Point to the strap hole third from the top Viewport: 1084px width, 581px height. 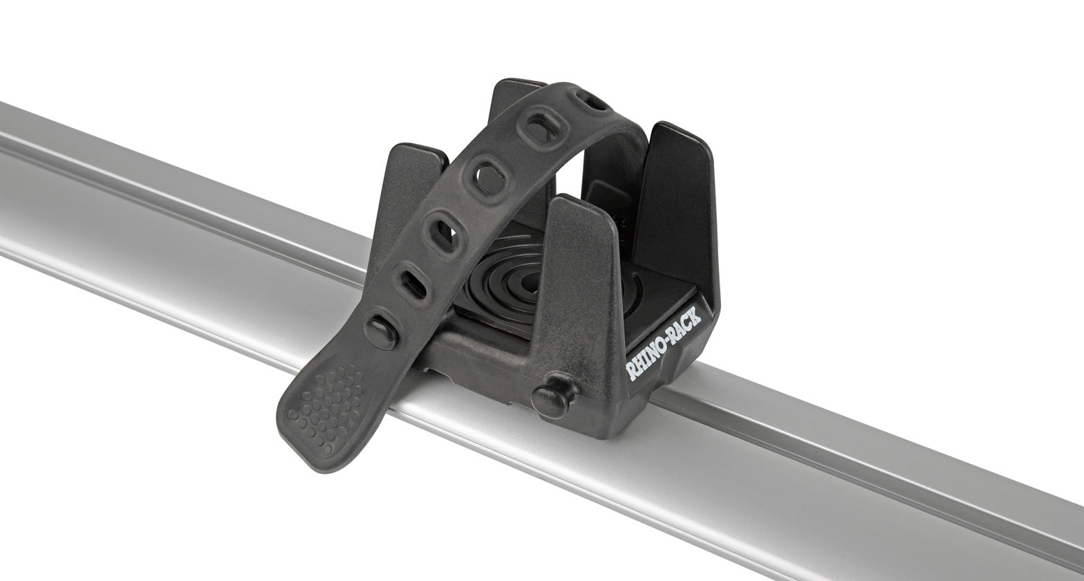pyautogui.click(x=490, y=178)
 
